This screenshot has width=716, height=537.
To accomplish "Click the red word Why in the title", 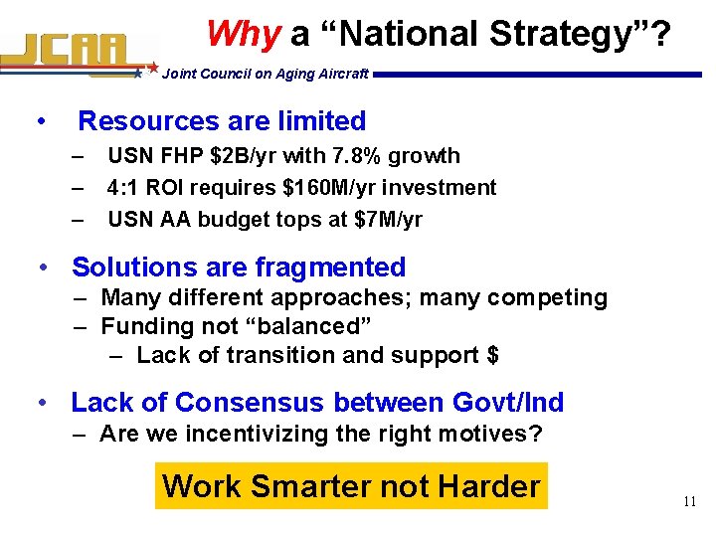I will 244,35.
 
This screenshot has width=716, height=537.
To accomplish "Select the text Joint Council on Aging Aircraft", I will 265,74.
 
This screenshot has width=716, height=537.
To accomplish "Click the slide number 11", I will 689,502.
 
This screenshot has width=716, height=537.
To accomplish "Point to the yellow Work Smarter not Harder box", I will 351,486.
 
